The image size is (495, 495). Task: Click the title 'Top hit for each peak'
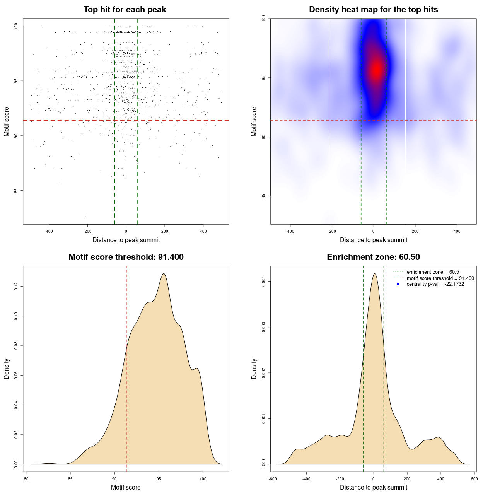coord(125,10)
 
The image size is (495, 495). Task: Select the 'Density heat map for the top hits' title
coord(373,10)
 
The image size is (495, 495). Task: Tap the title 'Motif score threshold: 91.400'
coord(126,257)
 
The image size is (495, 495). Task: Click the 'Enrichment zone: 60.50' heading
coord(373,257)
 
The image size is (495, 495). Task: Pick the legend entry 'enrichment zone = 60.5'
coord(433,272)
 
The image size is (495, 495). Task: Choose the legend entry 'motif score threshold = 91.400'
coord(440,278)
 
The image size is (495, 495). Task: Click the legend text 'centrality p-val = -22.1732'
coord(435,284)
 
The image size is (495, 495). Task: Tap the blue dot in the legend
coord(398,284)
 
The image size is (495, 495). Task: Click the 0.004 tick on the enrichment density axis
coord(264,282)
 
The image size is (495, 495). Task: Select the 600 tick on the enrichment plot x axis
coord(474,479)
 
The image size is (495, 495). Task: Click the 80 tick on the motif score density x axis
coord(26,479)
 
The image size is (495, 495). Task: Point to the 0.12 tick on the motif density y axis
coord(16,287)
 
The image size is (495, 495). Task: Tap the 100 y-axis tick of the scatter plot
coord(16,26)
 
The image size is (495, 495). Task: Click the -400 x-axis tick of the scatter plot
coord(49,231)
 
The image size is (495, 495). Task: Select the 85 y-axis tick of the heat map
coord(264,196)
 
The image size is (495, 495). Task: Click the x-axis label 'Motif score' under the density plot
coord(126,487)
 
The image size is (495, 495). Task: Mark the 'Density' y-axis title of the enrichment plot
coord(254,369)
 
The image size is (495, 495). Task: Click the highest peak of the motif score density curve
coord(164,274)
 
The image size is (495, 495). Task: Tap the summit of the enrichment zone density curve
coord(374,274)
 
